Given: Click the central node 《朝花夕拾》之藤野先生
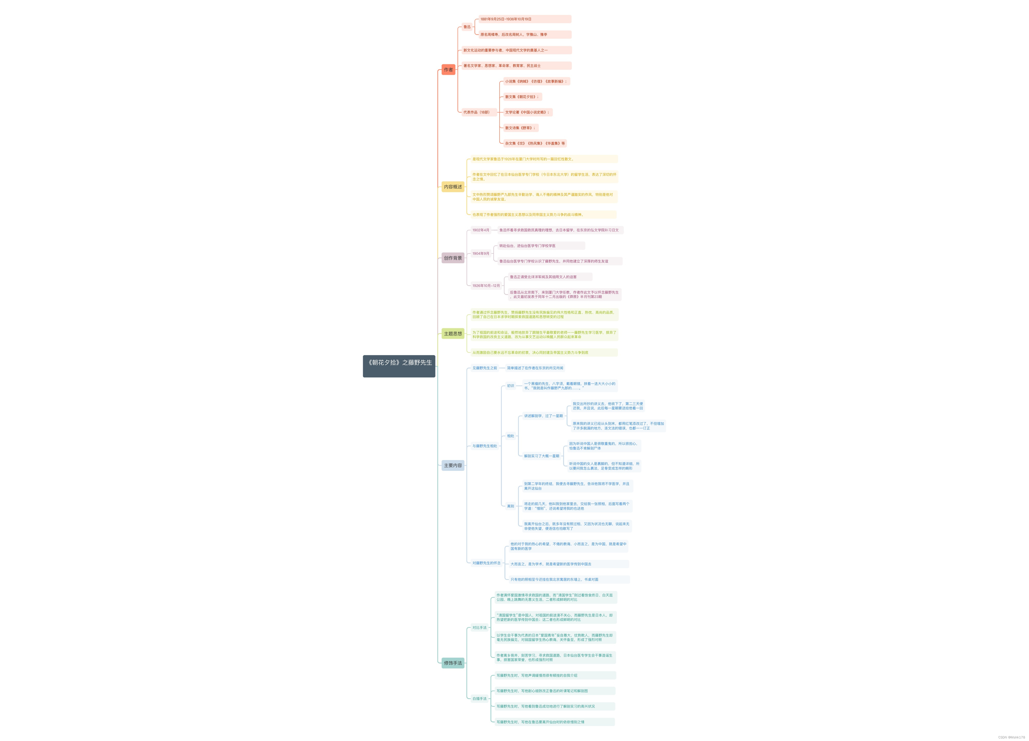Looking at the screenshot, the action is (399, 366).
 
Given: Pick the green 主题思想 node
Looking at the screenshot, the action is (453, 333).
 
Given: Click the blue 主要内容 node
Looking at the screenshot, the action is (453, 465).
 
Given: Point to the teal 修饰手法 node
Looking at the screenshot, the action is (453, 663).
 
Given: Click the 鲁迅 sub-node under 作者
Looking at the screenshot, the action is (467, 27).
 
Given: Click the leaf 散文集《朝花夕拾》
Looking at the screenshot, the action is (522, 97).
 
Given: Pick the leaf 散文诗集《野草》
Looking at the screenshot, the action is (520, 128).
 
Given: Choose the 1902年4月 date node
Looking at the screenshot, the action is (481, 230).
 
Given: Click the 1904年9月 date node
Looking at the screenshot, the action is (481, 254).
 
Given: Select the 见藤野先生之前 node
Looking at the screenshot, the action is (485, 368).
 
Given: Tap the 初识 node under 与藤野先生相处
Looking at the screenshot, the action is (510, 386).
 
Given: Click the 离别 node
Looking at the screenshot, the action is (510, 506).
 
